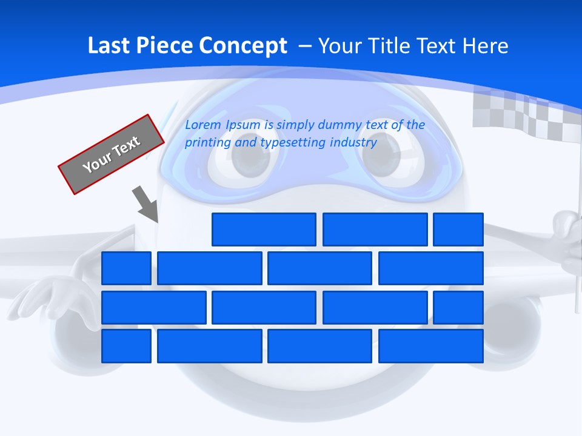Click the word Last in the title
[x=109, y=46]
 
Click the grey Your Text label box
[x=111, y=154]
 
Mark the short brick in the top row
[x=458, y=230]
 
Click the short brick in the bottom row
[x=126, y=346]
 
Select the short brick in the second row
[x=126, y=268]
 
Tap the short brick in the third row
[x=458, y=308]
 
